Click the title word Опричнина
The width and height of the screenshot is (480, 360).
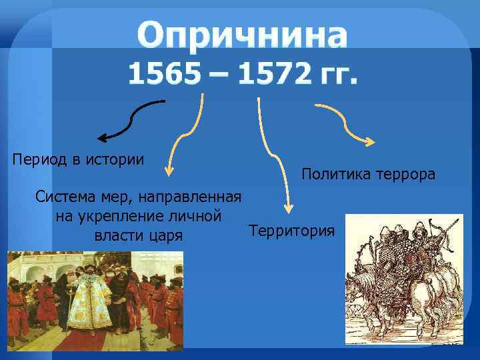[x=242, y=35]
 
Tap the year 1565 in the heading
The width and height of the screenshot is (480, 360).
[x=164, y=75]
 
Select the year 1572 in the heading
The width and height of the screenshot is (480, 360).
[x=274, y=75]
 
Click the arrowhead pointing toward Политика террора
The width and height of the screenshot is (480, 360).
[x=369, y=141]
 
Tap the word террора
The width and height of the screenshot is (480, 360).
[x=407, y=175]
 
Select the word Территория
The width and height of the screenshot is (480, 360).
[x=291, y=231]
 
